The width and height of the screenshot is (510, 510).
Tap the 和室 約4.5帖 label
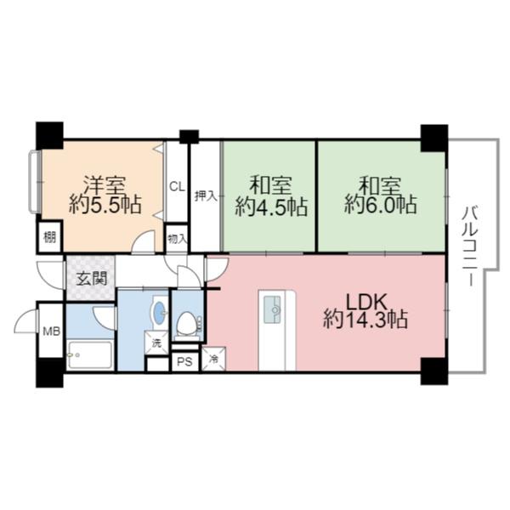point(270,195)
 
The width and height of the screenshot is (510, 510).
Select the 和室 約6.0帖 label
point(380,195)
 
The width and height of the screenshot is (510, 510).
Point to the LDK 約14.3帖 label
point(366,310)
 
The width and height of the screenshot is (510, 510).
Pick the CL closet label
point(177,187)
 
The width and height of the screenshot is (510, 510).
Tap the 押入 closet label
point(205,195)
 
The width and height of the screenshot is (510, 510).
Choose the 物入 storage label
point(177,238)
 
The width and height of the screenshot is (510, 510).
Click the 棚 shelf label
point(50,237)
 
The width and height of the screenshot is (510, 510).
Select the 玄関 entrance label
point(91,277)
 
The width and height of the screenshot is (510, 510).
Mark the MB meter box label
point(50,331)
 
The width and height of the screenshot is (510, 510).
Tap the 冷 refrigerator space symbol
point(214,360)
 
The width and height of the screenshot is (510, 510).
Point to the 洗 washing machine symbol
point(157,343)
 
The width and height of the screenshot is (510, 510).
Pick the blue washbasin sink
point(159,309)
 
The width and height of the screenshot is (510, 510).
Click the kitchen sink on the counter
point(274,308)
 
